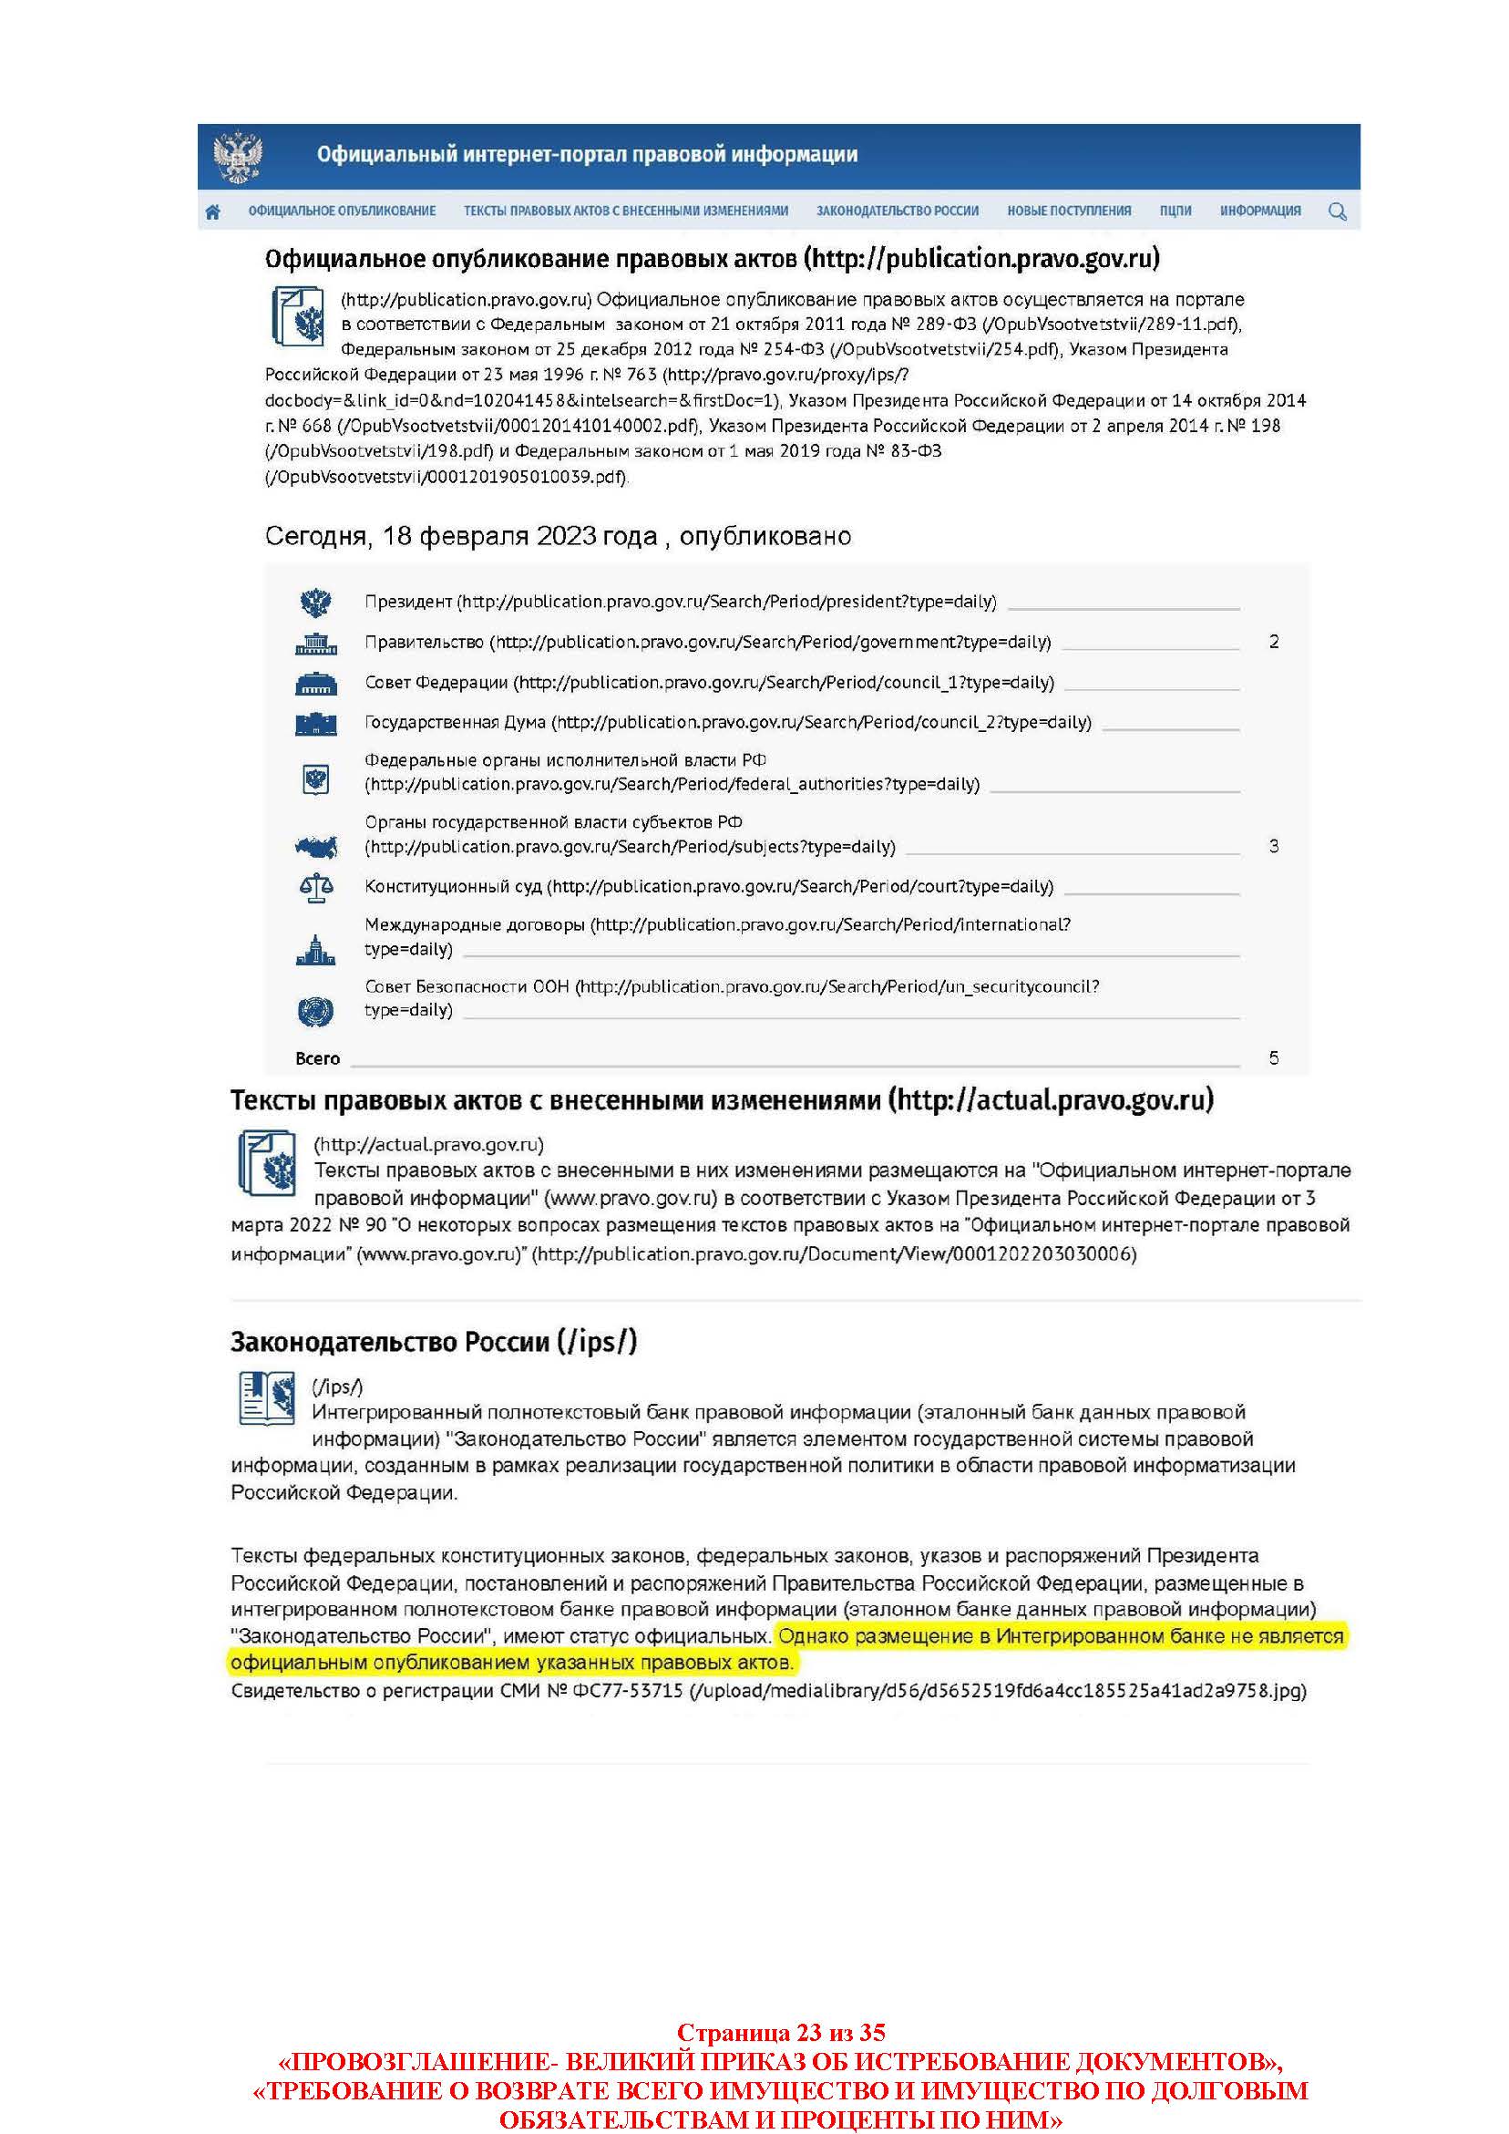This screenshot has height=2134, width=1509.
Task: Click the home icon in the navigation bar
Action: (213, 211)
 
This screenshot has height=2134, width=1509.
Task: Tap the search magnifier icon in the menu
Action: (1337, 211)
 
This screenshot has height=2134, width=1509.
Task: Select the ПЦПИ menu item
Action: (1175, 211)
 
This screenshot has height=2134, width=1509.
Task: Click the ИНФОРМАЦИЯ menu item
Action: (1259, 211)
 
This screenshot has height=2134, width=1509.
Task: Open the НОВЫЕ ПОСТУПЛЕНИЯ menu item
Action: (1069, 211)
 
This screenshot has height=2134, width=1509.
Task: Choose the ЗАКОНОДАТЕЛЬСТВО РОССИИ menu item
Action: (897, 211)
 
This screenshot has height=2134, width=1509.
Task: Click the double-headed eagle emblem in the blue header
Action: (238, 157)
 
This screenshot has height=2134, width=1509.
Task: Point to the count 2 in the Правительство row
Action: (1273, 643)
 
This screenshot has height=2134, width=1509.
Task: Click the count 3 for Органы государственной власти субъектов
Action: (1273, 847)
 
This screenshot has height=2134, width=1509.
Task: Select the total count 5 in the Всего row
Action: (1273, 1058)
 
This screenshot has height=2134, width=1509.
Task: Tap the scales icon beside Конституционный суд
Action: (316, 888)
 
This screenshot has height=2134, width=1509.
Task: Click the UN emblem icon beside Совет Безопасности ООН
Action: (316, 1011)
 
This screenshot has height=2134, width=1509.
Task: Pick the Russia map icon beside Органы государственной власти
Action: (316, 847)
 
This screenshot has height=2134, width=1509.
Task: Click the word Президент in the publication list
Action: (408, 603)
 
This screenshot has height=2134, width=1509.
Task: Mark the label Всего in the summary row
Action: (318, 1058)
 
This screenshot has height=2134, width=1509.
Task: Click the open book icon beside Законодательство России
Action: (267, 1397)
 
